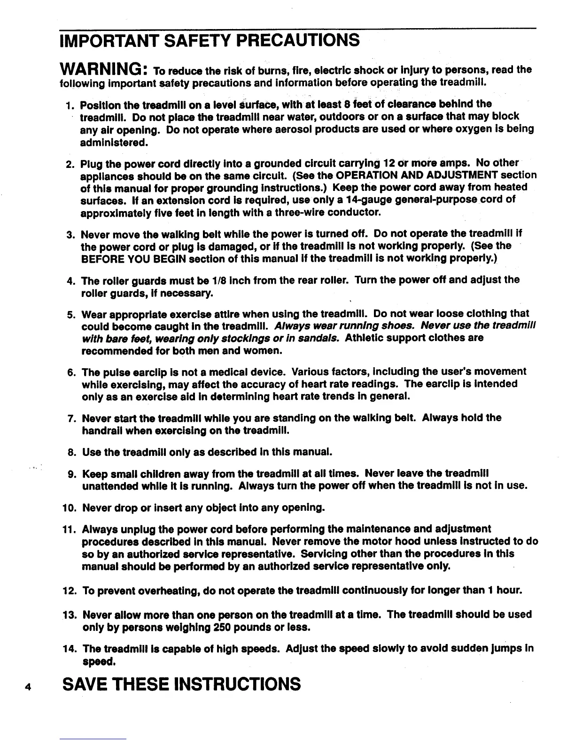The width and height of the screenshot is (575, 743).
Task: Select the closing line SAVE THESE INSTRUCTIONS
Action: (x=182, y=683)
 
